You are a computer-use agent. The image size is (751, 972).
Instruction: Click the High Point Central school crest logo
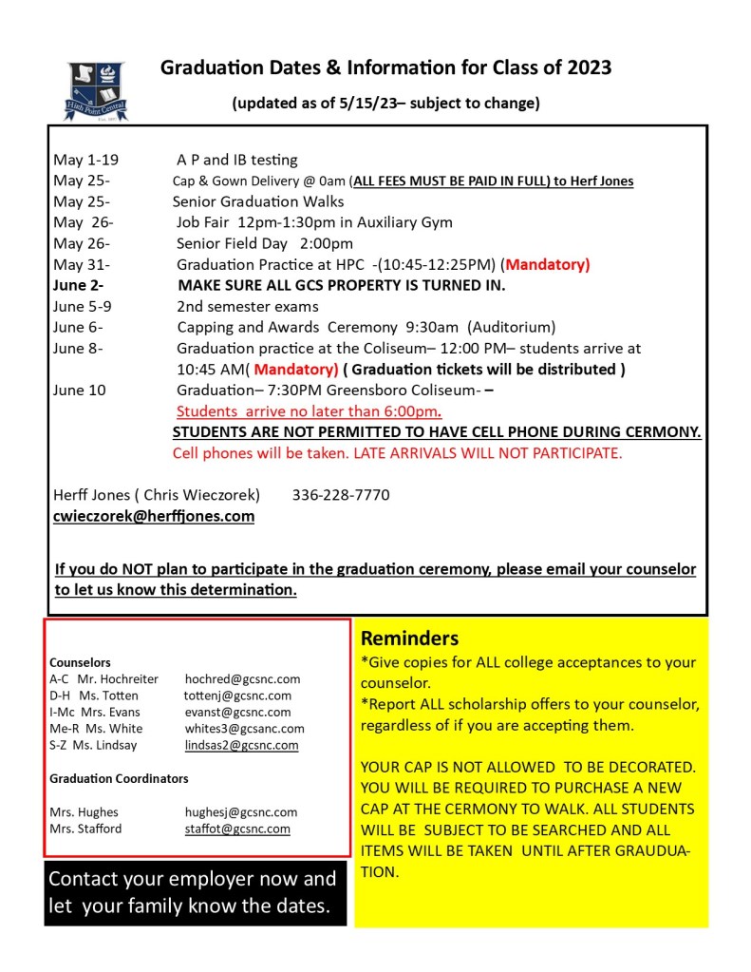pos(96,91)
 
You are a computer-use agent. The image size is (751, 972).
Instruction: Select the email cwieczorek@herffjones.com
pos(154,516)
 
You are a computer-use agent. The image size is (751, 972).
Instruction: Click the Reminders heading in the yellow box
pos(409,638)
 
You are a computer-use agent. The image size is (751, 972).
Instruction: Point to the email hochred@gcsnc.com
pos(242,678)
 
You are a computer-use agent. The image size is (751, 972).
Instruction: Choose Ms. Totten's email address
pos(237,696)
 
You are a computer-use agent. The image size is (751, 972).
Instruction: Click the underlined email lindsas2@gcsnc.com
pos(241,745)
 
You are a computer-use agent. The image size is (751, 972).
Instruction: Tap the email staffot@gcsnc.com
pos(237,829)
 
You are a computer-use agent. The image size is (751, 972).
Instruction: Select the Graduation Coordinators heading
pos(119,778)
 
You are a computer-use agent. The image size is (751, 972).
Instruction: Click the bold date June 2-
pos(79,285)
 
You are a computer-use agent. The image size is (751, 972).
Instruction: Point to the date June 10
pos(80,390)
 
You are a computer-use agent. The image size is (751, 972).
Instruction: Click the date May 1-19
pos(85,160)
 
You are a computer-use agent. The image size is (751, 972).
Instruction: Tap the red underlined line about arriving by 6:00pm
pos(309,411)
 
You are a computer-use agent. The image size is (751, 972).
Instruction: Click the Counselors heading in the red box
pos(80,662)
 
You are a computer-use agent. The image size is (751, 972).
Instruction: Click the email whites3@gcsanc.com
pos(245,729)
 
